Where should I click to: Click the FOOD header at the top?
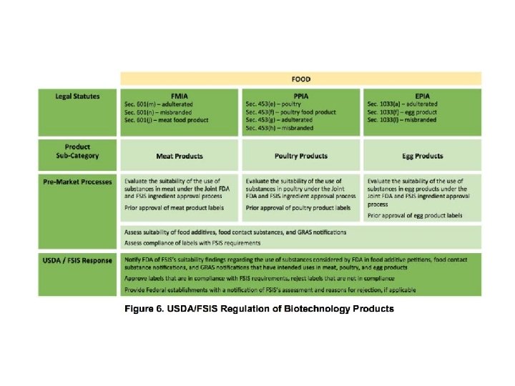pos(300,79)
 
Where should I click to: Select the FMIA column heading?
pos(180,95)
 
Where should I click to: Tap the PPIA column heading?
pos(301,95)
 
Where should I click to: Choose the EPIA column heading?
pos(422,95)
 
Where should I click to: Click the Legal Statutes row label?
pos(77,96)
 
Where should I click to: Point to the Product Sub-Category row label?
pos(77,151)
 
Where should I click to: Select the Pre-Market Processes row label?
pos(77,182)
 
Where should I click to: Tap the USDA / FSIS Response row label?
pos(77,260)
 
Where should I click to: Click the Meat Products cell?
pos(180,156)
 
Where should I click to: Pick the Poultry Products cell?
pos(301,156)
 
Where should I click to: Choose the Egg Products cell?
pos(422,156)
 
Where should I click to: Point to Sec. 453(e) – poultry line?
pos(278,104)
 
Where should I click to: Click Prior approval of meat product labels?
pos(174,208)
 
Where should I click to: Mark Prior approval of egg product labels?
pos(415,215)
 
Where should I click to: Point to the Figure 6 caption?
pos(259,309)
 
